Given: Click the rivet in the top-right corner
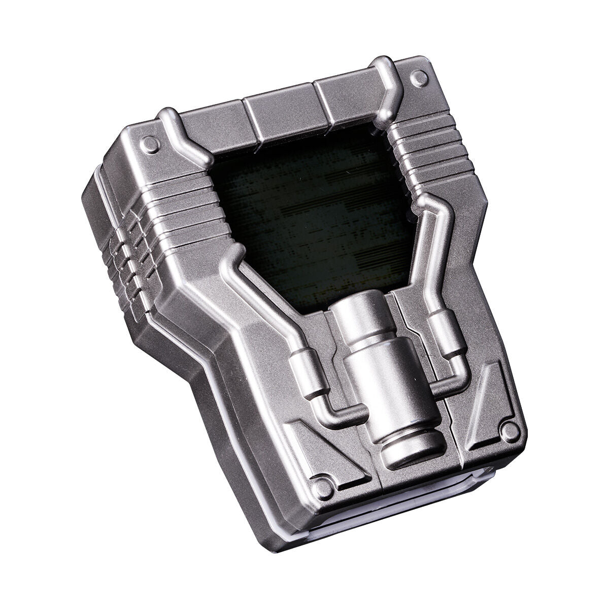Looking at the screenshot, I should click(419, 78).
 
